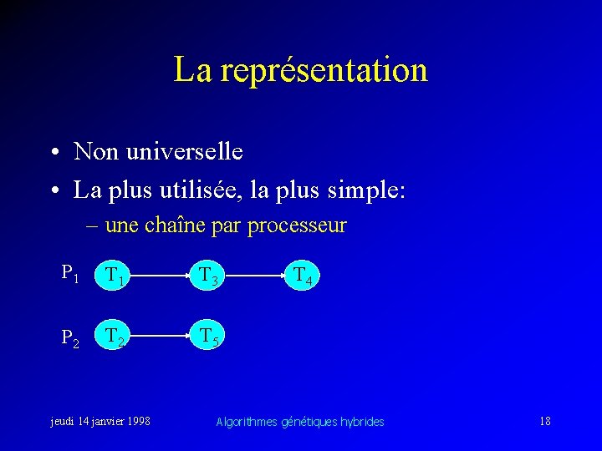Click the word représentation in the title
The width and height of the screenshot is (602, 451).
coord(324,70)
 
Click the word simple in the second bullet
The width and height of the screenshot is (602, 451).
coord(367,190)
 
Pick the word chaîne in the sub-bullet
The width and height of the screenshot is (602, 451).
coord(173,225)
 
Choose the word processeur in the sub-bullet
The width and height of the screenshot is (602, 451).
coord(297,226)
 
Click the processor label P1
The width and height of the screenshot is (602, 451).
coord(70,272)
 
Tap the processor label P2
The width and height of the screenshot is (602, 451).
coord(70,337)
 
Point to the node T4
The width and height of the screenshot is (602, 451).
coord(302,275)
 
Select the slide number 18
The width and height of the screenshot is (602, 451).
coord(545,421)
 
